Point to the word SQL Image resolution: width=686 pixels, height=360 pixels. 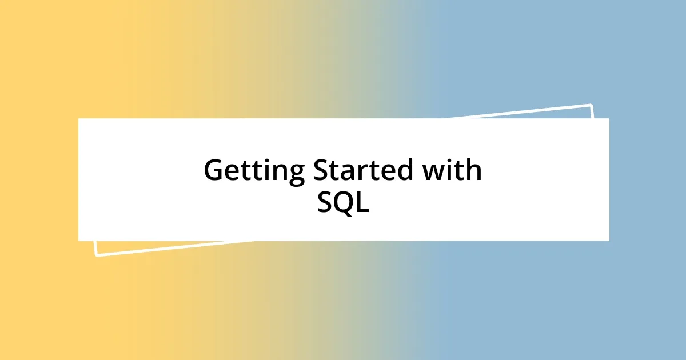pos(343,203)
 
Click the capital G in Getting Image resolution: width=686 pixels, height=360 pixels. pos(214,171)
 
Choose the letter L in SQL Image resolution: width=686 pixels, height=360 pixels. pos(362,203)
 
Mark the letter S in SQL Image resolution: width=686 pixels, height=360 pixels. pos(325,203)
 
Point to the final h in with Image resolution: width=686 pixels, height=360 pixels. pos(474,171)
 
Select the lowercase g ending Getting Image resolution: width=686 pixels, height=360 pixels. pos(296,174)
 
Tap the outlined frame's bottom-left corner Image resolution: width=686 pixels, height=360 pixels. pos(95,255)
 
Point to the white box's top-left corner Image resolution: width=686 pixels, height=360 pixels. pos(79,119)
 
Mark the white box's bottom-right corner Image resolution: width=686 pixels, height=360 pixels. pos(609,241)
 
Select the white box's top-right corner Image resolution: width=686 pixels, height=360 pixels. pos(609,119)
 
